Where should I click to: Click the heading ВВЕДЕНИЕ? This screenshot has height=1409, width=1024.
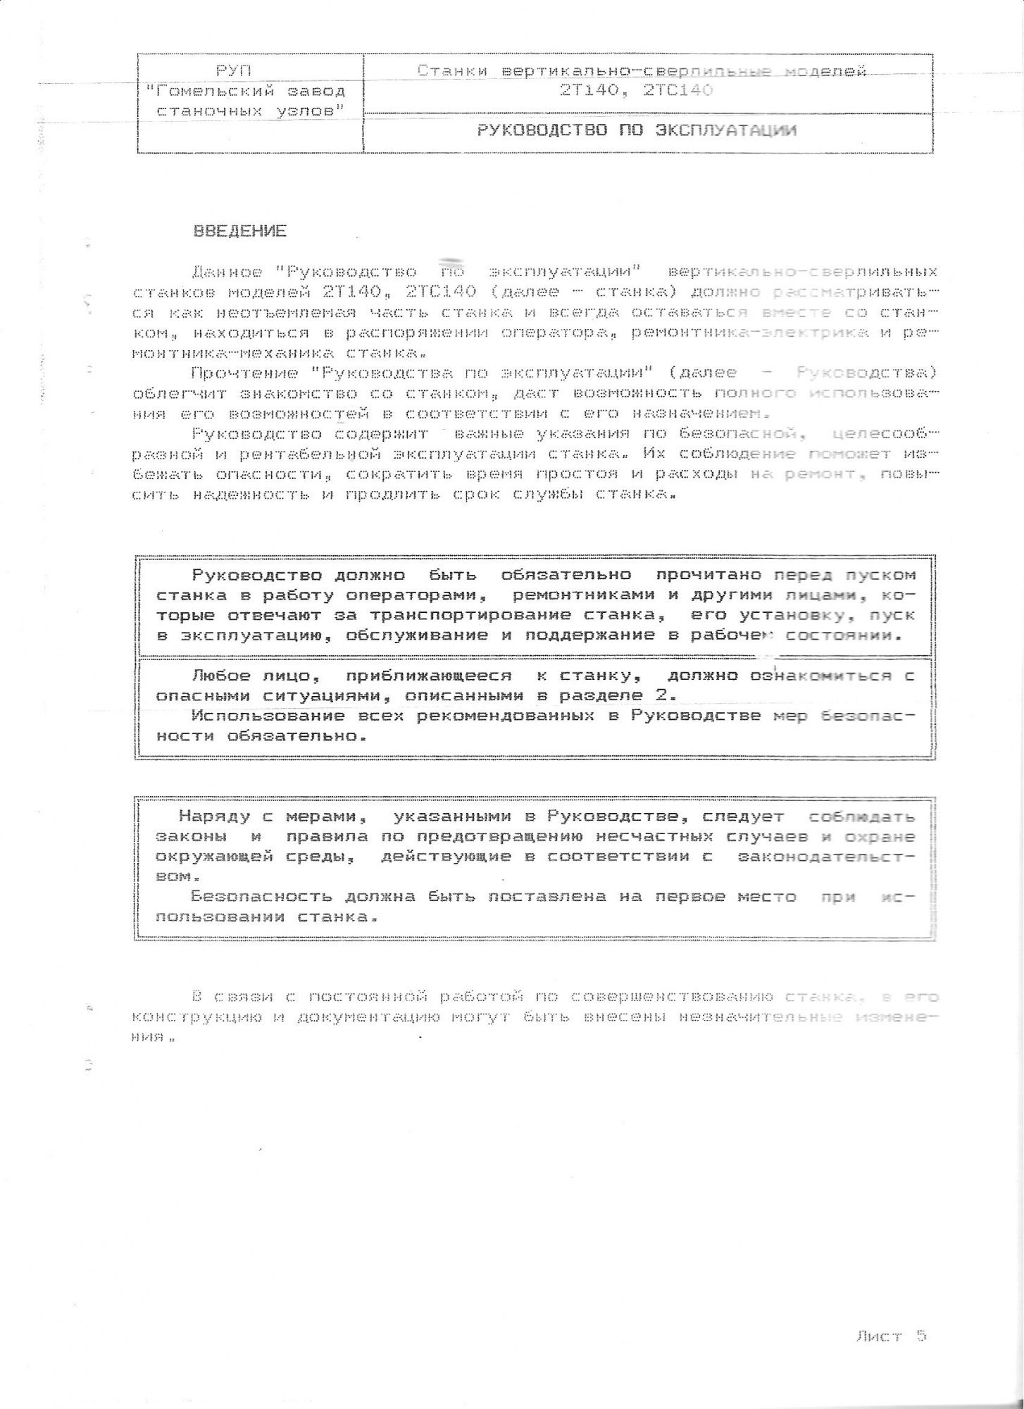pos(240,231)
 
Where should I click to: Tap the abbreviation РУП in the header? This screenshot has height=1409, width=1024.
pos(233,70)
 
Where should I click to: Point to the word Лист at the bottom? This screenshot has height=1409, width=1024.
pos(879,1336)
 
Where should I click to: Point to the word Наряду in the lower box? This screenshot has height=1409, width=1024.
pos(210,817)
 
